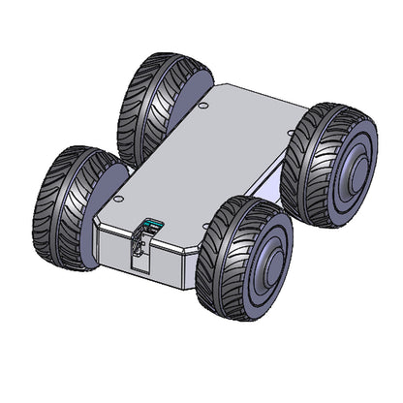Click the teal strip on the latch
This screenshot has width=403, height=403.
(148, 225)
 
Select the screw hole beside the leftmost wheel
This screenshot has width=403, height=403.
(118, 199)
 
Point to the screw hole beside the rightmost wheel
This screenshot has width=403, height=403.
(291, 133)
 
